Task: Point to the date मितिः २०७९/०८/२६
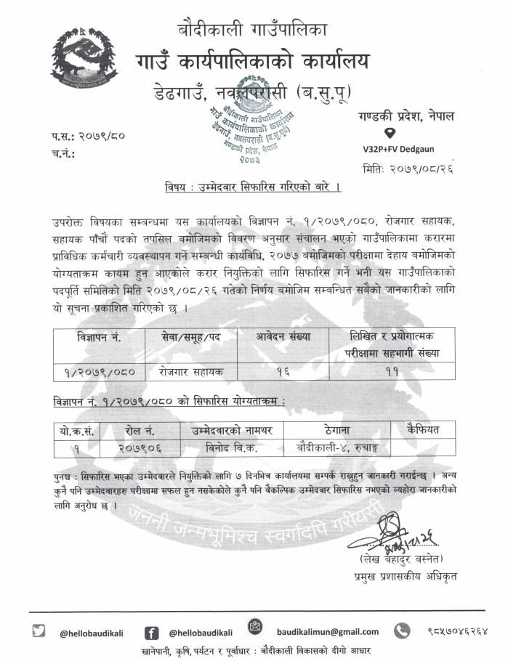point(414,169)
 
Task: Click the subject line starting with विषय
point(254,188)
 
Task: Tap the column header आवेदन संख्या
point(283,337)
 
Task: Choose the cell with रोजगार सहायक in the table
point(191,371)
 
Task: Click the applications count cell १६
point(283,371)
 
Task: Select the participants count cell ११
point(392,371)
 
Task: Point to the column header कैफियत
point(423,429)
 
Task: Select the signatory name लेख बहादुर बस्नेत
point(403,561)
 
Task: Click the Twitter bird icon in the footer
point(40,631)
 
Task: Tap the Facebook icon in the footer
point(152,632)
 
